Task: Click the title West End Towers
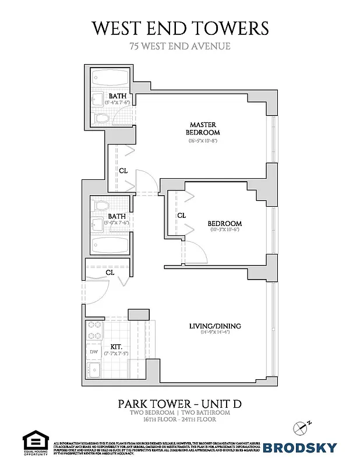click(180, 28)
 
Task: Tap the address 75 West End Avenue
click(180, 47)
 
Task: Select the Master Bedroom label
click(202, 128)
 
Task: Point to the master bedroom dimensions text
click(202, 141)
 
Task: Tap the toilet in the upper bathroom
click(103, 119)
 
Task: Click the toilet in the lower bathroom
click(103, 206)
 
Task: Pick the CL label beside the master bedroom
click(123, 171)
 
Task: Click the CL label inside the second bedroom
click(181, 215)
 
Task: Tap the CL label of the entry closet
click(110, 272)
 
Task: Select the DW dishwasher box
click(93, 352)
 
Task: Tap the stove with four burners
click(94, 331)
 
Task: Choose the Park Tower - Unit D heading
click(179, 403)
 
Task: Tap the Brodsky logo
click(299, 447)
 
